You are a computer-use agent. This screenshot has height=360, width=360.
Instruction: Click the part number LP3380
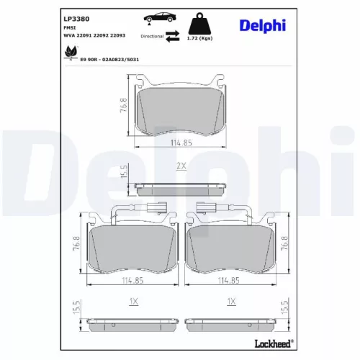click(x=76, y=19)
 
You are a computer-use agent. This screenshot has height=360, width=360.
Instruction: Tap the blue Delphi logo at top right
click(x=263, y=26)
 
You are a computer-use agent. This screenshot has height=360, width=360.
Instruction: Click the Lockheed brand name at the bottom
click(x=274, y=343)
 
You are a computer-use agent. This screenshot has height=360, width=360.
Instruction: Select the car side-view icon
click(x=160, y=18)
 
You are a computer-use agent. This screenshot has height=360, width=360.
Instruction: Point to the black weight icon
click(x=199, y=23)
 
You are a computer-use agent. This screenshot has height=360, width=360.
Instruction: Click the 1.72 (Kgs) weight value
click(x=199, y=38)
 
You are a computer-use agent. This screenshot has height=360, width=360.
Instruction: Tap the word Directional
click(x=152, y=36)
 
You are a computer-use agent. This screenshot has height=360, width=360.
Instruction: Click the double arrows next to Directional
click(x=173, y=36)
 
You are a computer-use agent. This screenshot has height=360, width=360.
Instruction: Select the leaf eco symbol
click(x=71, y=52)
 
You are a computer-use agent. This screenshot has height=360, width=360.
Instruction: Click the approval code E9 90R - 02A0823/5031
click(x=109, y=60)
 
